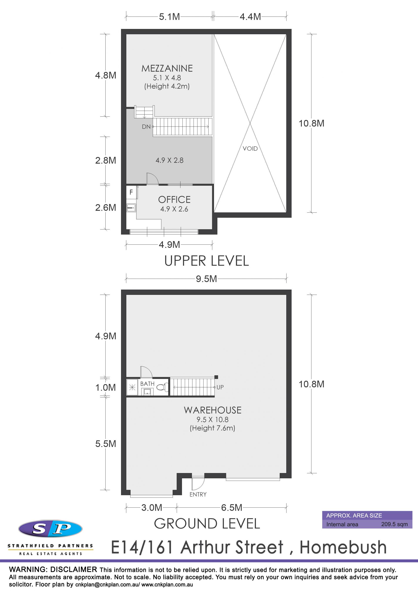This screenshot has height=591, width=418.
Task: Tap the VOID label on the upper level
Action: [x=250, y=149]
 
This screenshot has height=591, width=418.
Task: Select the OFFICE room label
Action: [x=174, y=200]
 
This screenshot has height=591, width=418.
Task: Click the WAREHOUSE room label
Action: [x=213, y=410]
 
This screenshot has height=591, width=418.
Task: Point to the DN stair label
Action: [x=146, y=127]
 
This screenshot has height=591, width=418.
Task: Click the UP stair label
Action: [x=220, y=387]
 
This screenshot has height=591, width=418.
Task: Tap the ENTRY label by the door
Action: [x=198, y=494]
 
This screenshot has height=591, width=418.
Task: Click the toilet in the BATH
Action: [x=162, y=387]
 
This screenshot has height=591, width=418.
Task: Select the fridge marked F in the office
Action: [x=131, y=192]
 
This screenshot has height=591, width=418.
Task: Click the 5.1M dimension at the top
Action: [x=169, y=17]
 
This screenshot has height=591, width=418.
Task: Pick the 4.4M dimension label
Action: [x=250, y=17]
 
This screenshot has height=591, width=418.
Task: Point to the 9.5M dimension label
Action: [x=206, y=279]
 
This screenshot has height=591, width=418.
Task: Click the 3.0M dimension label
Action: [x=152, y=508]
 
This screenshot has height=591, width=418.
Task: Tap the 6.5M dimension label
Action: [x=232, y=508]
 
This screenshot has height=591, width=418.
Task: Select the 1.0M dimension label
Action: [x=106, y=387]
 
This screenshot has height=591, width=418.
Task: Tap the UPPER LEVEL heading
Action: [x=207, y=261]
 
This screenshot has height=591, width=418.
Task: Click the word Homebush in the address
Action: [x=343, y=547]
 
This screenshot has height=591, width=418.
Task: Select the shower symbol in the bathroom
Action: [x=132, y=387]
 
